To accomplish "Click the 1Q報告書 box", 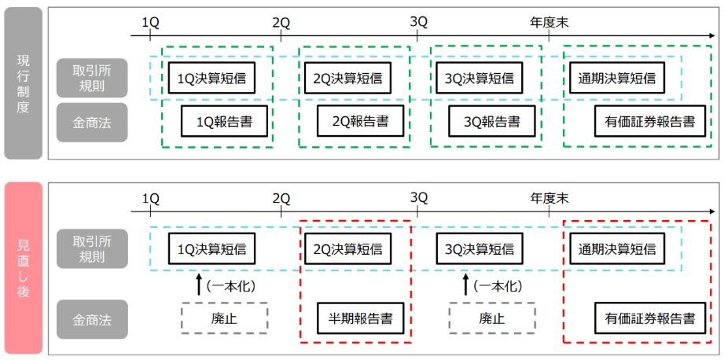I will [226, 122].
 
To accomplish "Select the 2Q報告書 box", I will [361, 122].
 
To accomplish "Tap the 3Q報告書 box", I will [491, 122].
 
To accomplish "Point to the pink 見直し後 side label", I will [23, 269].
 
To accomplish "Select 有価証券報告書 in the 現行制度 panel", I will [649, 122].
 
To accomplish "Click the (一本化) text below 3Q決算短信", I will [498, 285].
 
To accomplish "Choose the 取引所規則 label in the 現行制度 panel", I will [92, 78].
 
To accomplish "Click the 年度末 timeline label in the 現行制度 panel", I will [549, 22].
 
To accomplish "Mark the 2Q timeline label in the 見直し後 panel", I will [281, 197].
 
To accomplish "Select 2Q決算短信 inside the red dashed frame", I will [347, 249].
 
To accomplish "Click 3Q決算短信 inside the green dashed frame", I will [479, 78].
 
